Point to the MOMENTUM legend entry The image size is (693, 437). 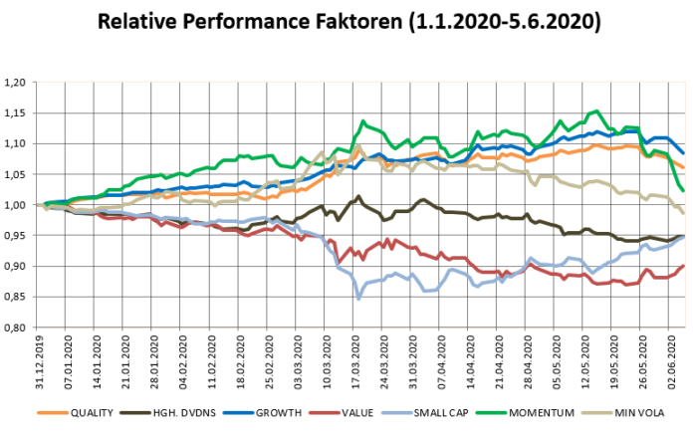click(527, 411)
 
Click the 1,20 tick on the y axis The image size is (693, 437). click(18, 83)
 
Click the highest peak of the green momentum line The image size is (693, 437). click(596, 110)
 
